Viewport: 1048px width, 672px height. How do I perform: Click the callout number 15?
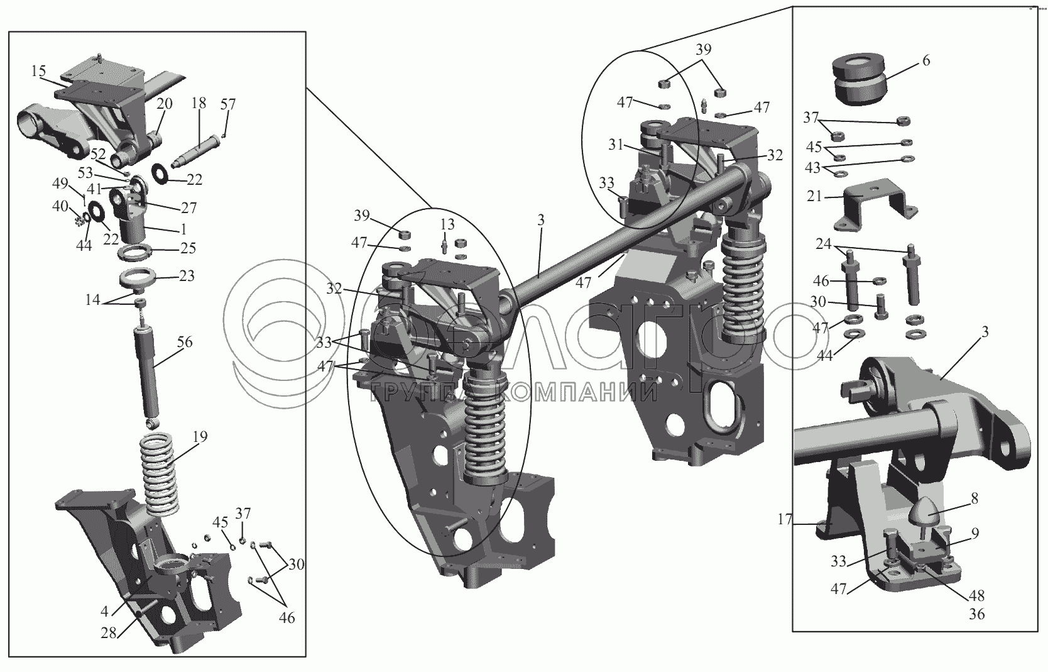coord(39,72)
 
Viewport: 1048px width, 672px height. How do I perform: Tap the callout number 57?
coord(228,104)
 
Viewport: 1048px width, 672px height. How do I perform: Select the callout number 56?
coord(185,342)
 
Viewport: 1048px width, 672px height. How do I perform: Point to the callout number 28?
coord(109,632)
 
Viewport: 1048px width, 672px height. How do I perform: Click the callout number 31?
coord(616,145)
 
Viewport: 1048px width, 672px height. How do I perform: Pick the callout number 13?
coord(447,224)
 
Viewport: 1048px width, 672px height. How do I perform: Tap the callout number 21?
coord(814,196)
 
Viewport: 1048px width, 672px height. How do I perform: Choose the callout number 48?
coord(977,596)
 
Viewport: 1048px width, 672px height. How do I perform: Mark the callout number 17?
coord(785,519)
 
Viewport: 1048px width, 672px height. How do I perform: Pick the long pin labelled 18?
coord(196,150)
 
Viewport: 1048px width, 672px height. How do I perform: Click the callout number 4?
coord(104,611)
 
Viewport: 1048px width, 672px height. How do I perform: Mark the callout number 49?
coord(60,184)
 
